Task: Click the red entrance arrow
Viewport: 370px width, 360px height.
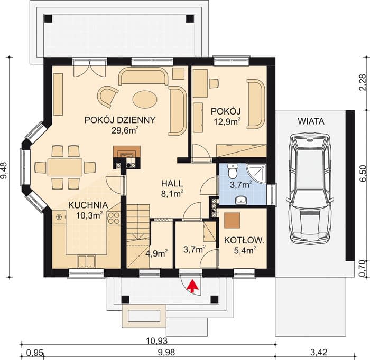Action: tap(193, 286)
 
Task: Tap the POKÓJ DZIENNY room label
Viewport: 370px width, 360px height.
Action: tap(120, 120)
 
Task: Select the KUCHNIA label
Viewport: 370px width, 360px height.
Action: tap(88, 205)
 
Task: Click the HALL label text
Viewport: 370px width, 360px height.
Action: tap(172, 183)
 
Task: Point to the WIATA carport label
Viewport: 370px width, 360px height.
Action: tap(311, 121)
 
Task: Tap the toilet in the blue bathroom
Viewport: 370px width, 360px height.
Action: tap(233, 171)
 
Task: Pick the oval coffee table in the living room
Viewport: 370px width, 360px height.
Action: tap(145, 99)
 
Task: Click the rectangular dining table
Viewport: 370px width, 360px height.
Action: tap(65, 167)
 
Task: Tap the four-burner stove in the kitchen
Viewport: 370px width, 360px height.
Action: tap(114, 218)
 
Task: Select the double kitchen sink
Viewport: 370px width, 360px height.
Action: tap(87, 261)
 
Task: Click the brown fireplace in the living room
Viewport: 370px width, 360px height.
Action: tap(127, 151)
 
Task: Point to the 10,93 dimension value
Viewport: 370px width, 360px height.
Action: tap(156, 340)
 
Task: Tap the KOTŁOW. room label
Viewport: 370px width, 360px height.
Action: tap(244, 241)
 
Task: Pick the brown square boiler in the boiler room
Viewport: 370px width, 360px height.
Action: tap(232, 220)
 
